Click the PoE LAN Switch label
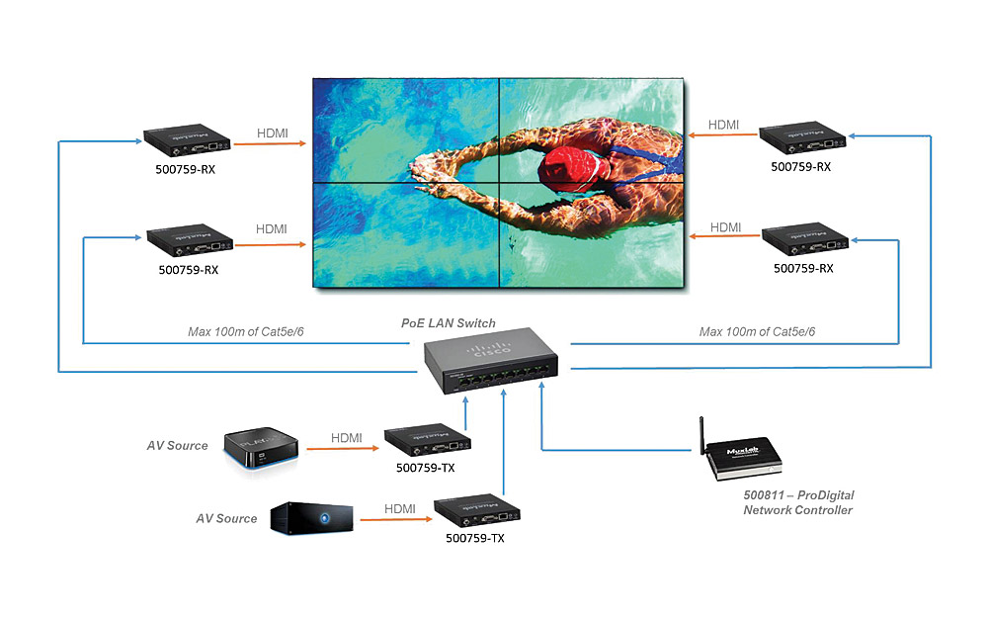point(448,322)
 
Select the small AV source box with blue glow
point(262,448)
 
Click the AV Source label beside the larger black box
point(226,518)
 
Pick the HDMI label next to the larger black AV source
point(400,508)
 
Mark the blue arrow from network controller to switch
point(613,451)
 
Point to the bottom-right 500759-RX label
point(803,267)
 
